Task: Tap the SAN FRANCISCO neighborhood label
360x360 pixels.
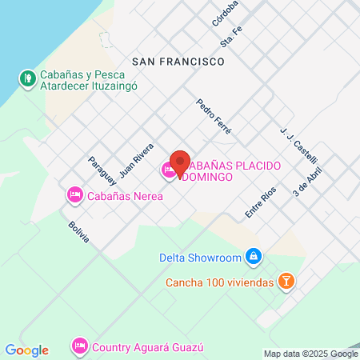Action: pos(177,61)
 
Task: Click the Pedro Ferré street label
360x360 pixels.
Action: pos(213,116)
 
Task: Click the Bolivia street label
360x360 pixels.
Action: pos(78,233)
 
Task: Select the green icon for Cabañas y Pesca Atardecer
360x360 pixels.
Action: pos(26,78)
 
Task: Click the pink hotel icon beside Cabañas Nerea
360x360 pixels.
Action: pos(74,194)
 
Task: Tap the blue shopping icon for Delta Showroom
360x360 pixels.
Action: pos(253,256)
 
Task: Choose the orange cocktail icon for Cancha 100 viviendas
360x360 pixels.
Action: pos(286,281)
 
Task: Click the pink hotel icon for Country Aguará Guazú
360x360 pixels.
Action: pos(79,346)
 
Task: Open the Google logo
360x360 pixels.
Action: pos(26,350)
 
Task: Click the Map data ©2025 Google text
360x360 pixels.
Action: pos(311,354)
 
